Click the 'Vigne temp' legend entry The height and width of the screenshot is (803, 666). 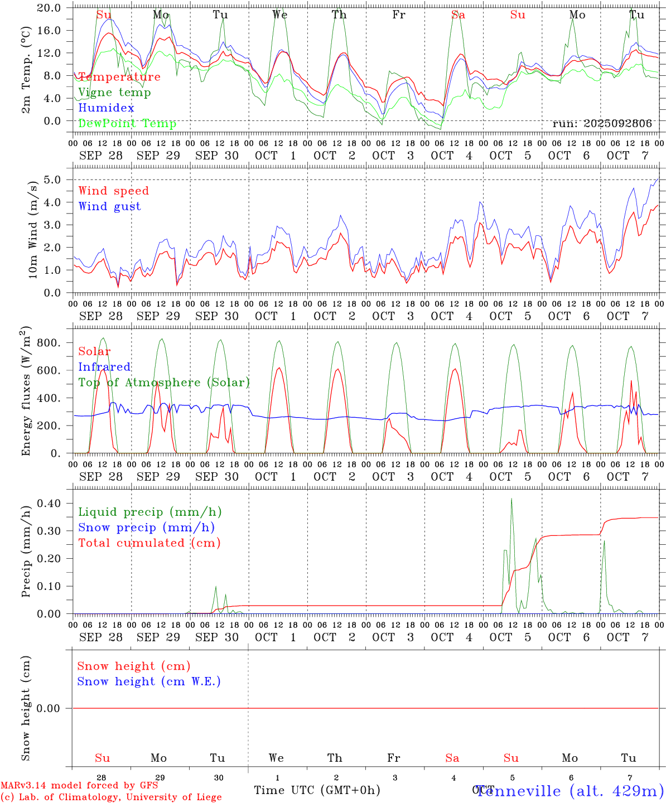pos(114,93)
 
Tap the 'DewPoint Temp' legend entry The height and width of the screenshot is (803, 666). pos(127,124)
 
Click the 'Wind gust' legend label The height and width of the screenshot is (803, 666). pos(109,206)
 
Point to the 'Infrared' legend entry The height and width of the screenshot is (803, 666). pos(104,367)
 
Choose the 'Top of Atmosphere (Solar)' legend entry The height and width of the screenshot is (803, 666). pos(164,383)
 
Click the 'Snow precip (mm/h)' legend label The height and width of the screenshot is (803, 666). pos(146,528)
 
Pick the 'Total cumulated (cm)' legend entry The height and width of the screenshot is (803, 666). pos(149,543)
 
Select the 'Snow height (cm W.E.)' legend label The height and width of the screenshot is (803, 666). pos(149,681)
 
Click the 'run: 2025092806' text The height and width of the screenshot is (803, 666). pos(602,124)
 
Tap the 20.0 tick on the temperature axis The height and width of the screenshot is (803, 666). pos(49,8)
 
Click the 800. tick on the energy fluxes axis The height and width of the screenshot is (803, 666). pos(48,342)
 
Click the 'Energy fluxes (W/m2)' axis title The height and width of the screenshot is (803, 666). pos(26,392)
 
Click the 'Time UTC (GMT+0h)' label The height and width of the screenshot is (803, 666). pos(317,790)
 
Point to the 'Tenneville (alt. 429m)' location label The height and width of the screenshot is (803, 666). pos(570,791)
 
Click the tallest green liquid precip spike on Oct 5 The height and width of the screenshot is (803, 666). pos(511,499)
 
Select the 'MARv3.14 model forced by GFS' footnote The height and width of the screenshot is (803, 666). pos(79,786)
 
